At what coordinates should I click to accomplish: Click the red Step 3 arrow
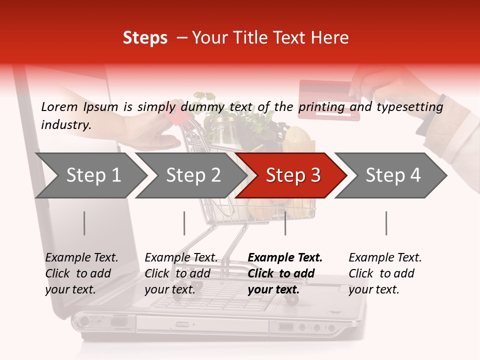click(x=292, y=175)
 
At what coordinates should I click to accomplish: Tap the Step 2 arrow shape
click(x=193, y=175)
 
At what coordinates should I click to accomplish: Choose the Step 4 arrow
click(x=392, y=175)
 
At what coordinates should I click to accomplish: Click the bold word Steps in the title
click(x=145, y=38)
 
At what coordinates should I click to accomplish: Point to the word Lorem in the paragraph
click(x=59, y=107)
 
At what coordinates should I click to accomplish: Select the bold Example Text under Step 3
click(x=285, y=258)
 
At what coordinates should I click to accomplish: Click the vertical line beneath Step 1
click(x=84, y=223)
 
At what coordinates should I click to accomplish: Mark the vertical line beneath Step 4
click(x=386, y=223)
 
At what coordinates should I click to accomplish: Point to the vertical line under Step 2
click(x=184, y=223)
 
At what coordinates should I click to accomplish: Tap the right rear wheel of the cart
click(x=292, y=299)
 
